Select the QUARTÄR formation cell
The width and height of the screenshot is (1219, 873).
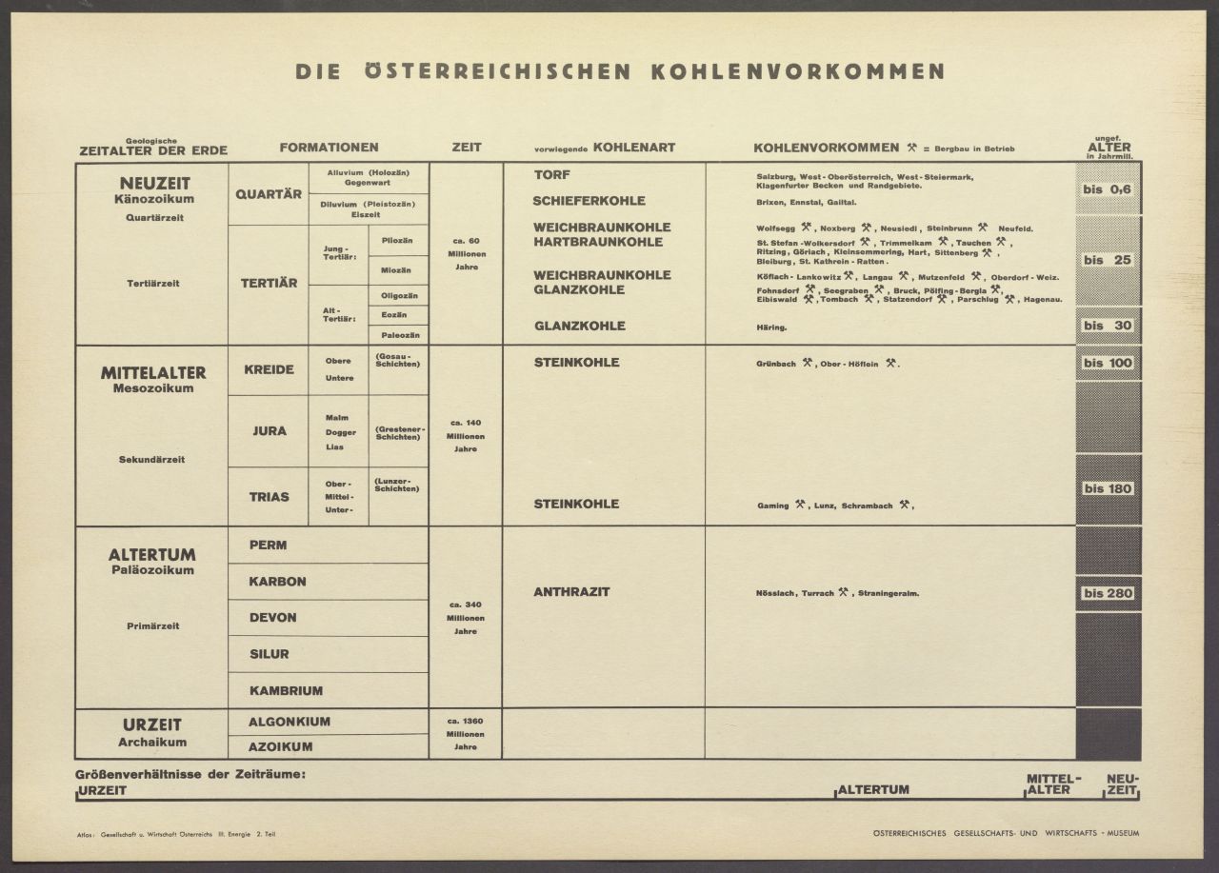point(268,193)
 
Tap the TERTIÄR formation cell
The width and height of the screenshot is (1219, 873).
point(268,283)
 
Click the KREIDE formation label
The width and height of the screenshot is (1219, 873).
point(268,369)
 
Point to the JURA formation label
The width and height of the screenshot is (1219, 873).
point(269,431)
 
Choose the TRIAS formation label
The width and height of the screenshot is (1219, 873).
point(269,496)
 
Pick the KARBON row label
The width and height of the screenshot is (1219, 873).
point(277,581)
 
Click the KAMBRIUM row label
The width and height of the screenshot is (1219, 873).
point(286,690)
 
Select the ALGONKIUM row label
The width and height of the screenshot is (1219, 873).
point(290,722)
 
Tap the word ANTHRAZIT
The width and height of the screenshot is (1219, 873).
point(571,592)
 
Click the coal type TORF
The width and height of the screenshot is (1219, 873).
point(551,175)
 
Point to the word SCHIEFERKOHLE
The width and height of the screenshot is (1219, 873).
point(589,201)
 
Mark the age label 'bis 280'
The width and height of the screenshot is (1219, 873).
point(1108,593)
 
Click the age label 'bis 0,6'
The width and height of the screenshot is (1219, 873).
point(1108,189)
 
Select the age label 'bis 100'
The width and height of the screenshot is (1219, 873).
point(1108,363)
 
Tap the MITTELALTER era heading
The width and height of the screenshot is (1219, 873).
point(152,372)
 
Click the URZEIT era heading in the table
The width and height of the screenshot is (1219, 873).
point(151,724)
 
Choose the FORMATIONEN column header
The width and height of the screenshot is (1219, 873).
point(329,148)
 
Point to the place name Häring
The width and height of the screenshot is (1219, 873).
point(771,327)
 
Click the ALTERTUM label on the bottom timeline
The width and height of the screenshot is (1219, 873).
point(873,789)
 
